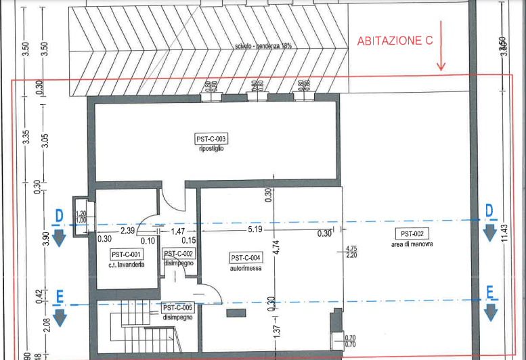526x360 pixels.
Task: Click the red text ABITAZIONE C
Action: click(x=395, y=41)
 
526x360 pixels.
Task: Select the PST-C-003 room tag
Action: click(x=211, y=139)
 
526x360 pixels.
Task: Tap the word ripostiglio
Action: click(x=211, y=148)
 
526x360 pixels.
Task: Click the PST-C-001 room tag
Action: click(x=127, y=254)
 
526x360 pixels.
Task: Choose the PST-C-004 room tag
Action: click(x=245, y=257)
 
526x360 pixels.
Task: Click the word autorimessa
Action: click(x=245, y=267)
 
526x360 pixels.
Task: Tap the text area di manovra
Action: click(x=412, y=244)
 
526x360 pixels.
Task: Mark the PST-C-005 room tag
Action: click(x=177, y=307)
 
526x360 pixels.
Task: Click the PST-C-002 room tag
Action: click(x=179, y=253)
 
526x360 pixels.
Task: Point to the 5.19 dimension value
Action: click(x=255, y=230)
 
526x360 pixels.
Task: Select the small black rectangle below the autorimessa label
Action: click(x=236, y=312)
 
